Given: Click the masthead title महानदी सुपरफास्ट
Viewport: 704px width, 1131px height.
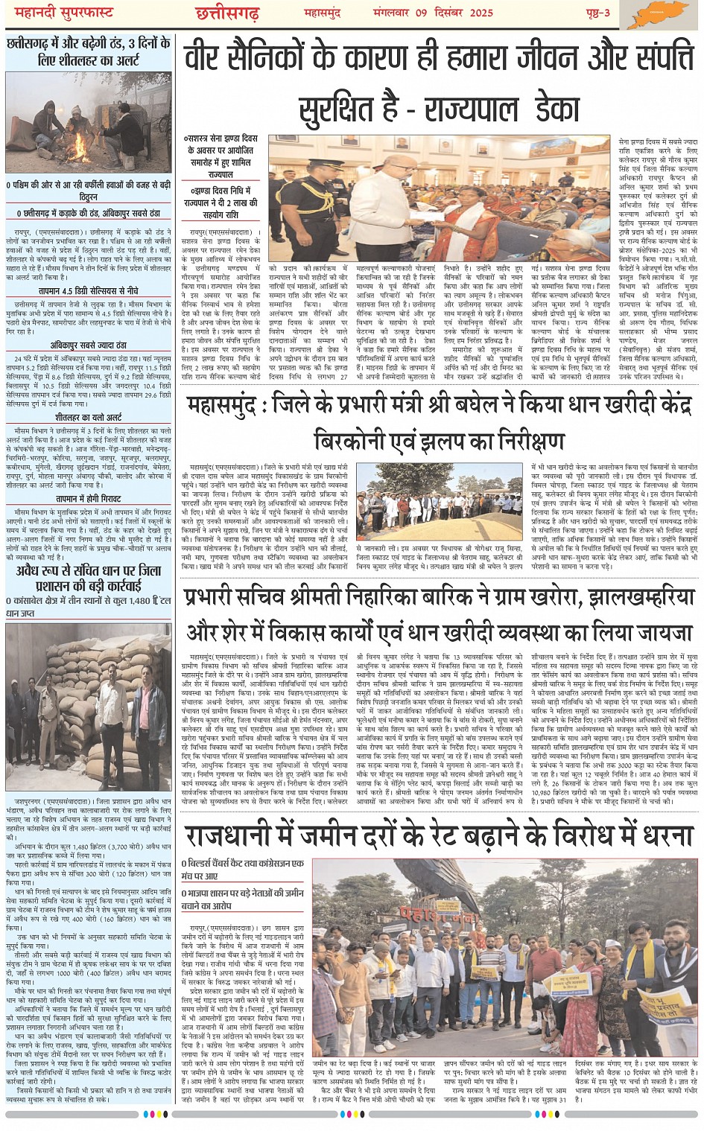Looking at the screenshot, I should coord(67,11).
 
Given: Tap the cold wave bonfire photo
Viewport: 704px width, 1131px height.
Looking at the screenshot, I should coord(88,122).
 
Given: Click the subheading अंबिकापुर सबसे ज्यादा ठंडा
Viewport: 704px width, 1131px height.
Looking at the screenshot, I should coord(88,345).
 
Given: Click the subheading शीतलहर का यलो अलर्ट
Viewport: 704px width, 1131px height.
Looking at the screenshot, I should coord(88,418).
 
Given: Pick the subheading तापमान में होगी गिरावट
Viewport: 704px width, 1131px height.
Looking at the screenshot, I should coord(88,498).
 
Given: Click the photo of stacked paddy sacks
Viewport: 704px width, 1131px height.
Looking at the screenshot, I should coord(88,705).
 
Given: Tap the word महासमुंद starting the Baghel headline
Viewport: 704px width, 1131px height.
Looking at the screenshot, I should coord(223,406).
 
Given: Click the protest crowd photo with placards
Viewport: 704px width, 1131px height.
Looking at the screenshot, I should coord(506,960).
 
